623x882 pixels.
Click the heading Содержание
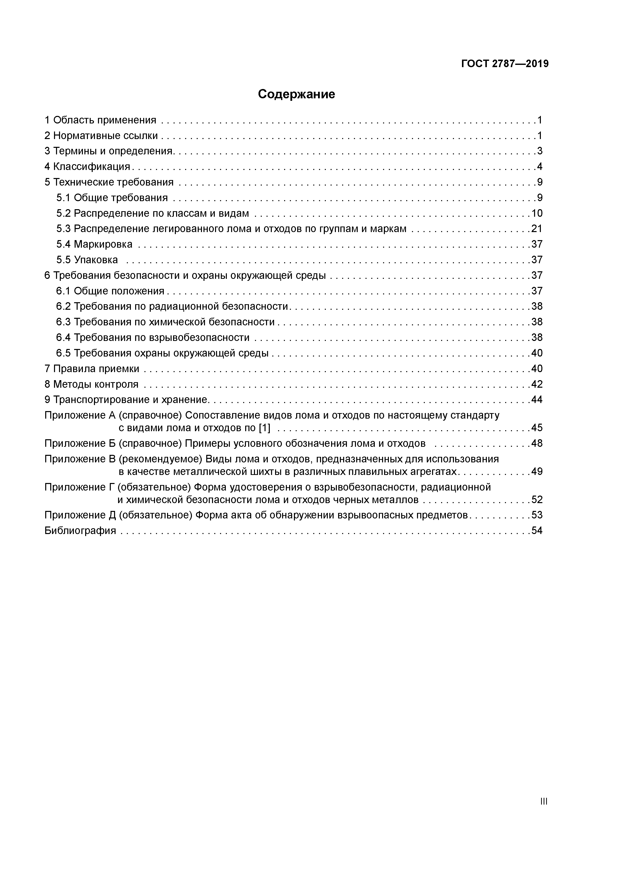point(296,94)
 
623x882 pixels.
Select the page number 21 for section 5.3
point(537,229)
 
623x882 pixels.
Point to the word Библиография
point(80,531)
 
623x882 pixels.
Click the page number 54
point(537,531)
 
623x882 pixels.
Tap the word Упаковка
point(96,260)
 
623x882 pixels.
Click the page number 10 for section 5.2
point(537,213)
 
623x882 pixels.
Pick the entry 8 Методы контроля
point(91,384)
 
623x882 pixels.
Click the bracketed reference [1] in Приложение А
point(265,428)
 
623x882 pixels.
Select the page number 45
point(537,428)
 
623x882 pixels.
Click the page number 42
point(537,384)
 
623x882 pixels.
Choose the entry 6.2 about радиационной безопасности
point(172,306)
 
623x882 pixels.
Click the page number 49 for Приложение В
point(537,472)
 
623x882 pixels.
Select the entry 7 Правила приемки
point(92,369)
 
